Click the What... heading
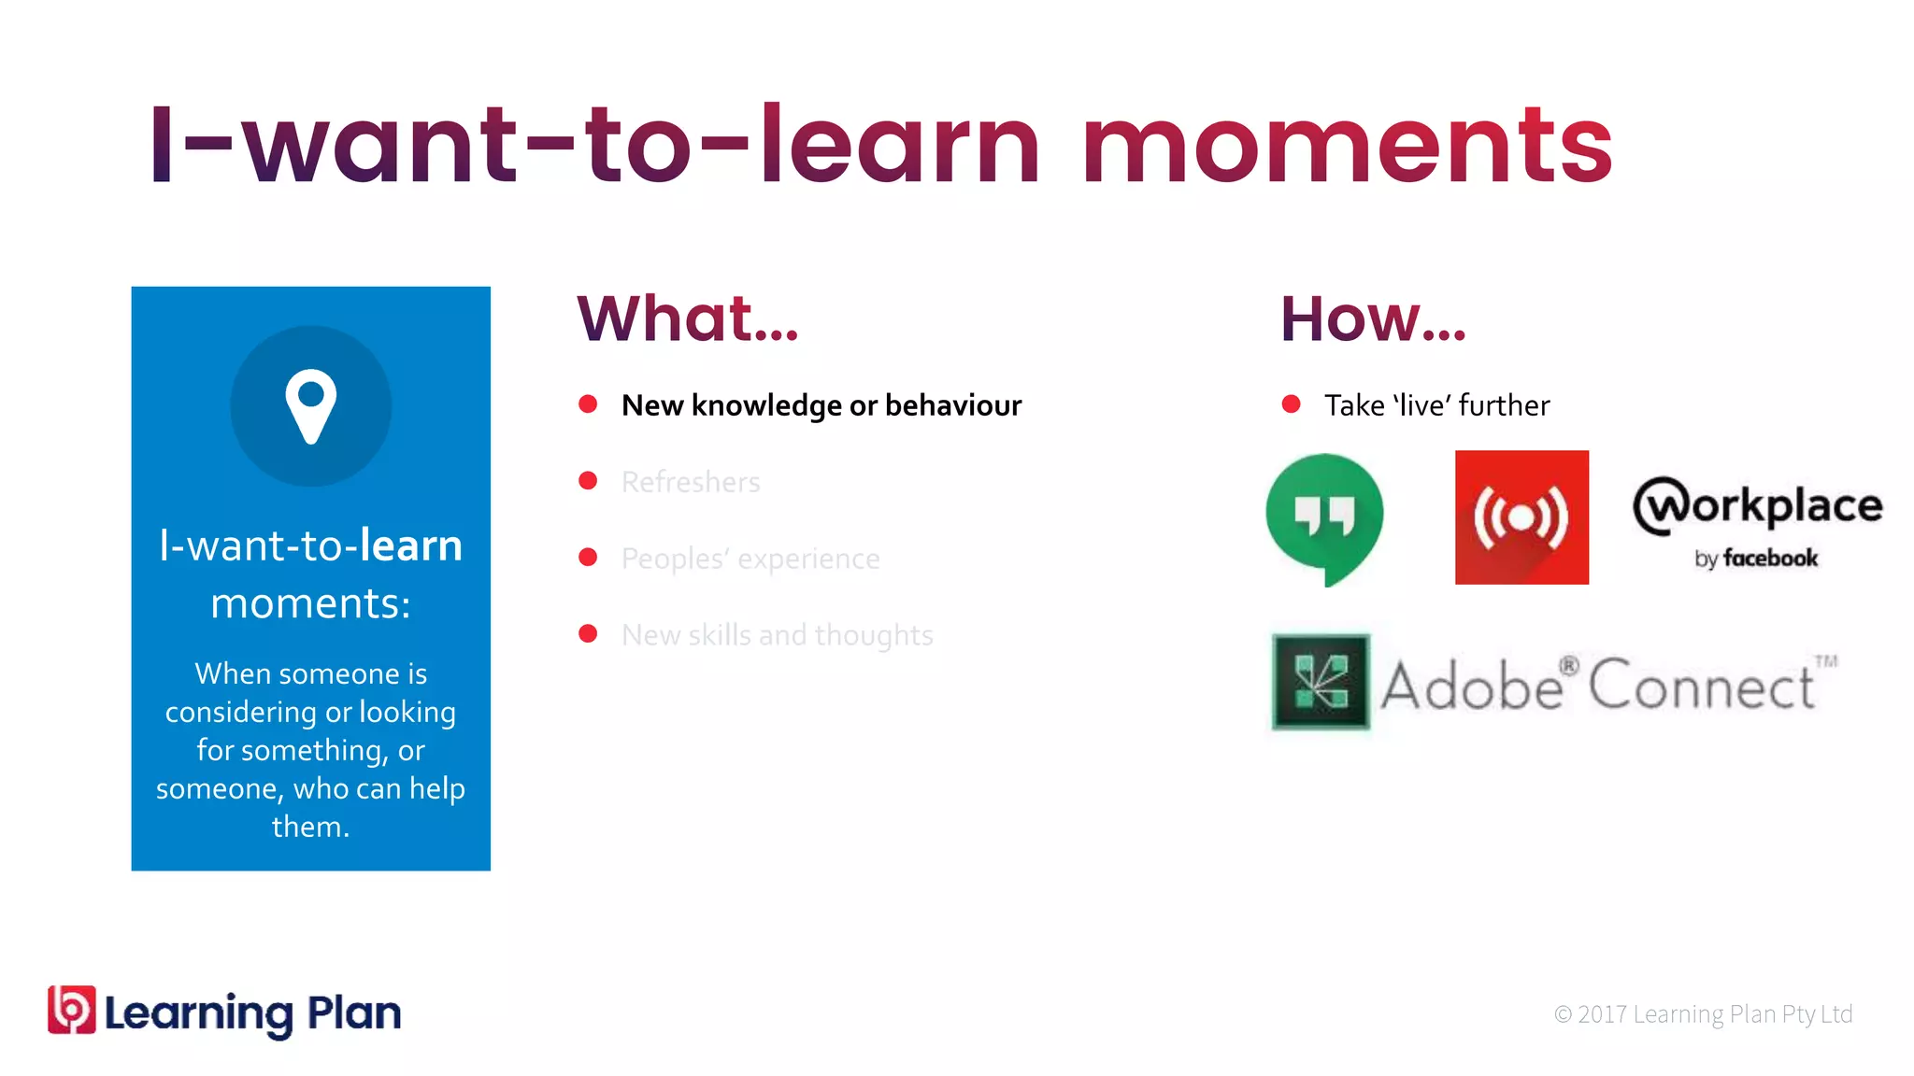[688, 319]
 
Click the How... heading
[1372, 319]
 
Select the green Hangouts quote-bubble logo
[1324, 517]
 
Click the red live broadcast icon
[1521, 517]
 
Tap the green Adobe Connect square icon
[1321, 682]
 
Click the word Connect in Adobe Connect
[1701, 687]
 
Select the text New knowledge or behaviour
[821, 405]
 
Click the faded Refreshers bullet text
[691, 482]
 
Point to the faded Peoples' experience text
[750, 559]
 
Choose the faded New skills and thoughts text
[777, 635]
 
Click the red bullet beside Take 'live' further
[1291, 403]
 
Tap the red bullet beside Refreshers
[588, 480]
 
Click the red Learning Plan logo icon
[72, 1011]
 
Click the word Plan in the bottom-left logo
[354, 1012]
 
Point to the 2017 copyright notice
[1703, 1014]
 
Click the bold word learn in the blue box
[411, 545]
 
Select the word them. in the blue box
[310, 827]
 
